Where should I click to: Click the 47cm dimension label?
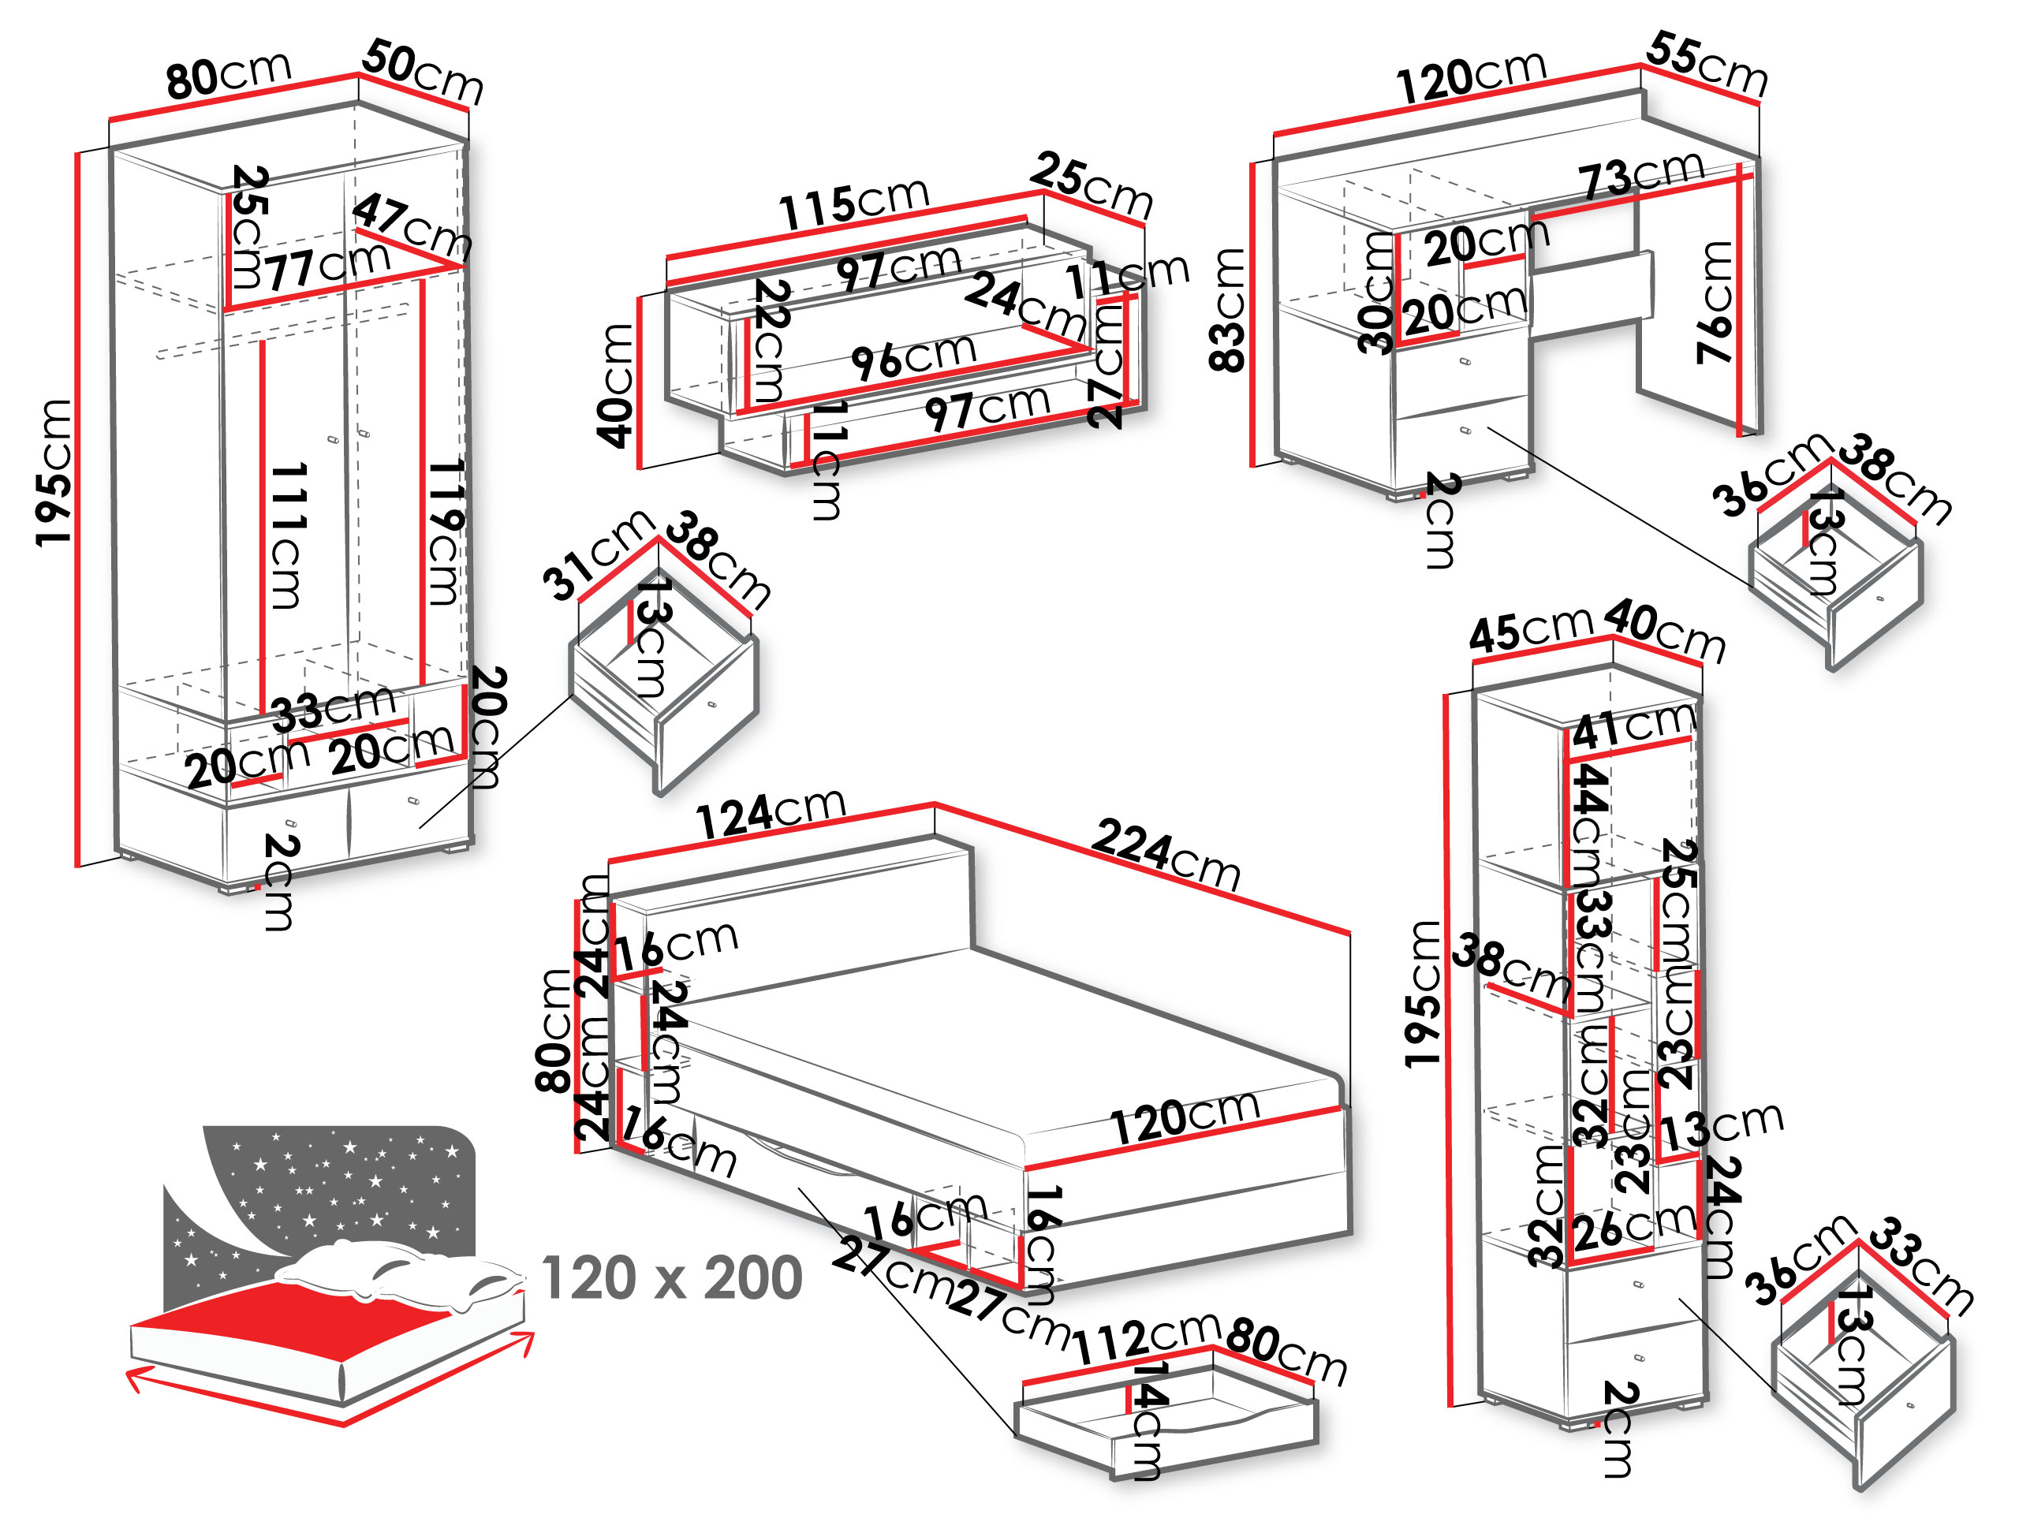tap(412, 226)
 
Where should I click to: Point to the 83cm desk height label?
tap(1229, 310)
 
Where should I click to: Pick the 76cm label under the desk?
tap(1715, 302)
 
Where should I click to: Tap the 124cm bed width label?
tap(771, 813)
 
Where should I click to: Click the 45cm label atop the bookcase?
tap(1531, 630)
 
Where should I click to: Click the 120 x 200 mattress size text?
tap(672, 1277)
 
